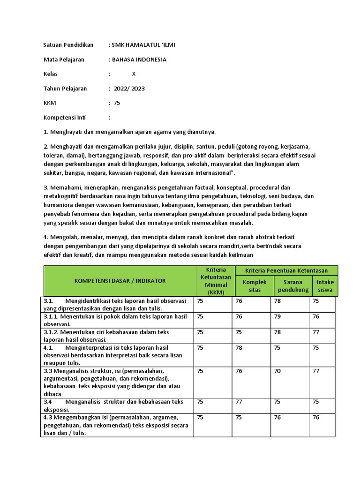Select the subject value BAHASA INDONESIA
click(139, 60)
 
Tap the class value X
click(134, 74)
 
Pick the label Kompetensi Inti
click(65, 118)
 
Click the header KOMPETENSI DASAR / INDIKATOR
click(120, 281)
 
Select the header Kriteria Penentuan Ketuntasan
click(286, 270)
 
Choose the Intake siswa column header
click(325, 286)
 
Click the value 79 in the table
click(277, 316)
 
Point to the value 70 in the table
click(277, 371)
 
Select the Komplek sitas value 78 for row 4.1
click(239, 347)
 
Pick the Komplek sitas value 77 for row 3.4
click(239, 402)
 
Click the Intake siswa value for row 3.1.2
click(316, 332)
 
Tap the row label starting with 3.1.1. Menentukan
click(115, 320)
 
